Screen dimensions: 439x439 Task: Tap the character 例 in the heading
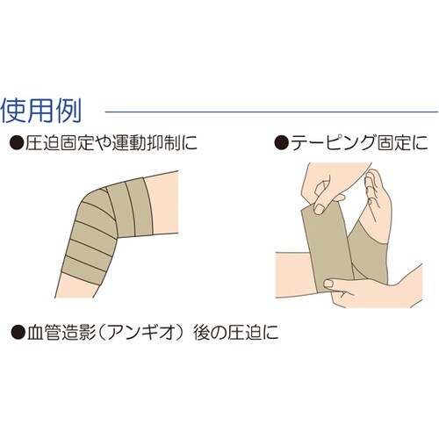[70, 112]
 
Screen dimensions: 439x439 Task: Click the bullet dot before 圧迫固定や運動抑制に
[15, 140]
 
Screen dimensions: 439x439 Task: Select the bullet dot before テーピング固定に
[278, 140]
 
